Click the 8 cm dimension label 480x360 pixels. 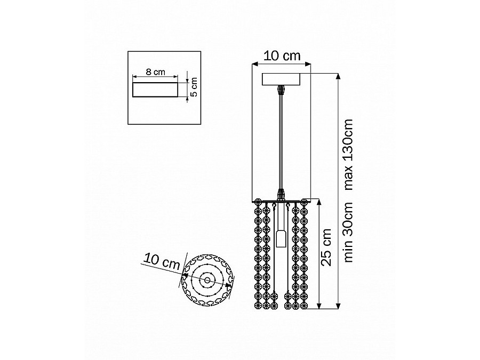tap(155, 72)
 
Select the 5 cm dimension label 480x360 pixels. tap(194, 87)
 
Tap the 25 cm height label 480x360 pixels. tap(326, 247)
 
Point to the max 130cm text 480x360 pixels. tap(348, 155)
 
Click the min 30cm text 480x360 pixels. tap(348, 232)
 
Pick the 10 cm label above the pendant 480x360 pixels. tap(282, 56)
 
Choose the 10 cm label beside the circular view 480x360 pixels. tap(161, 261)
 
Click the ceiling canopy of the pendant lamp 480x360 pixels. tap(281, 79)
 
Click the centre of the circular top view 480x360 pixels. tap(207, 280)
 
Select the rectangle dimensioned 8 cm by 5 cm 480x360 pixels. tap(155, 90)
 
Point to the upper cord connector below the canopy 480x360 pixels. tap(281, 90)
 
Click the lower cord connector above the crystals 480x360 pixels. tap(281, 194)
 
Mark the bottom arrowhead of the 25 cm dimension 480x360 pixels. tap(319, 306)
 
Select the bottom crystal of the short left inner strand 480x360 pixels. tap(274, 306)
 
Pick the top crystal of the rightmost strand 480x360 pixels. tap(304, 202)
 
